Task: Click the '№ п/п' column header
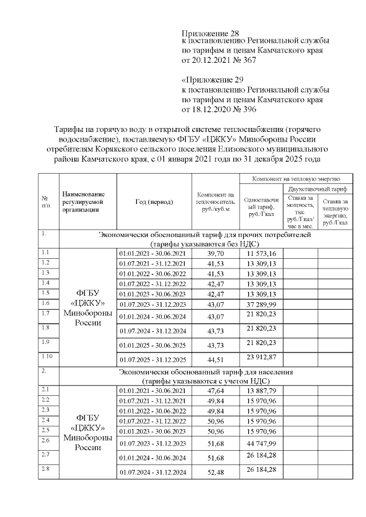[46, 202]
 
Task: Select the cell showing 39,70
[214, 253]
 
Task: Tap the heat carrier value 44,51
[214, 359]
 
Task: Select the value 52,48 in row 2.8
[214, 472]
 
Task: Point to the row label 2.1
[45, 389]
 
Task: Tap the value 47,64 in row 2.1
[214, 390]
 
